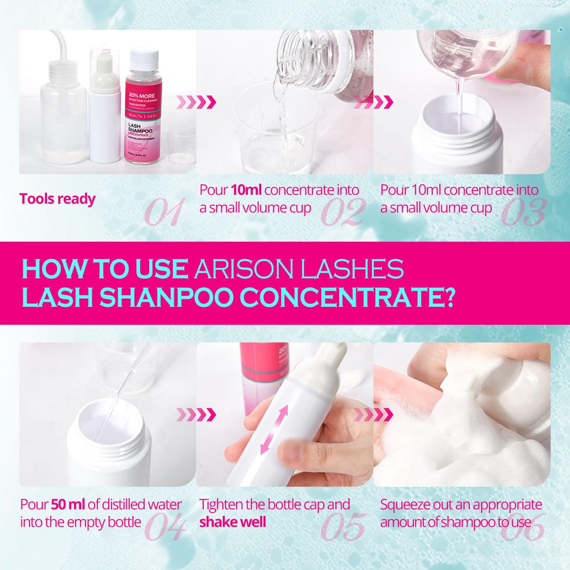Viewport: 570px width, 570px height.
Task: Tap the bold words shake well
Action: (232, 522)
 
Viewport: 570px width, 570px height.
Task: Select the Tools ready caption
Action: (57, 199)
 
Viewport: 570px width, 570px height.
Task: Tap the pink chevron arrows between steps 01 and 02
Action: (196, 101)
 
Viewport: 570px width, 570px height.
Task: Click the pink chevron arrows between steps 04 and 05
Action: (196, 414)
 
